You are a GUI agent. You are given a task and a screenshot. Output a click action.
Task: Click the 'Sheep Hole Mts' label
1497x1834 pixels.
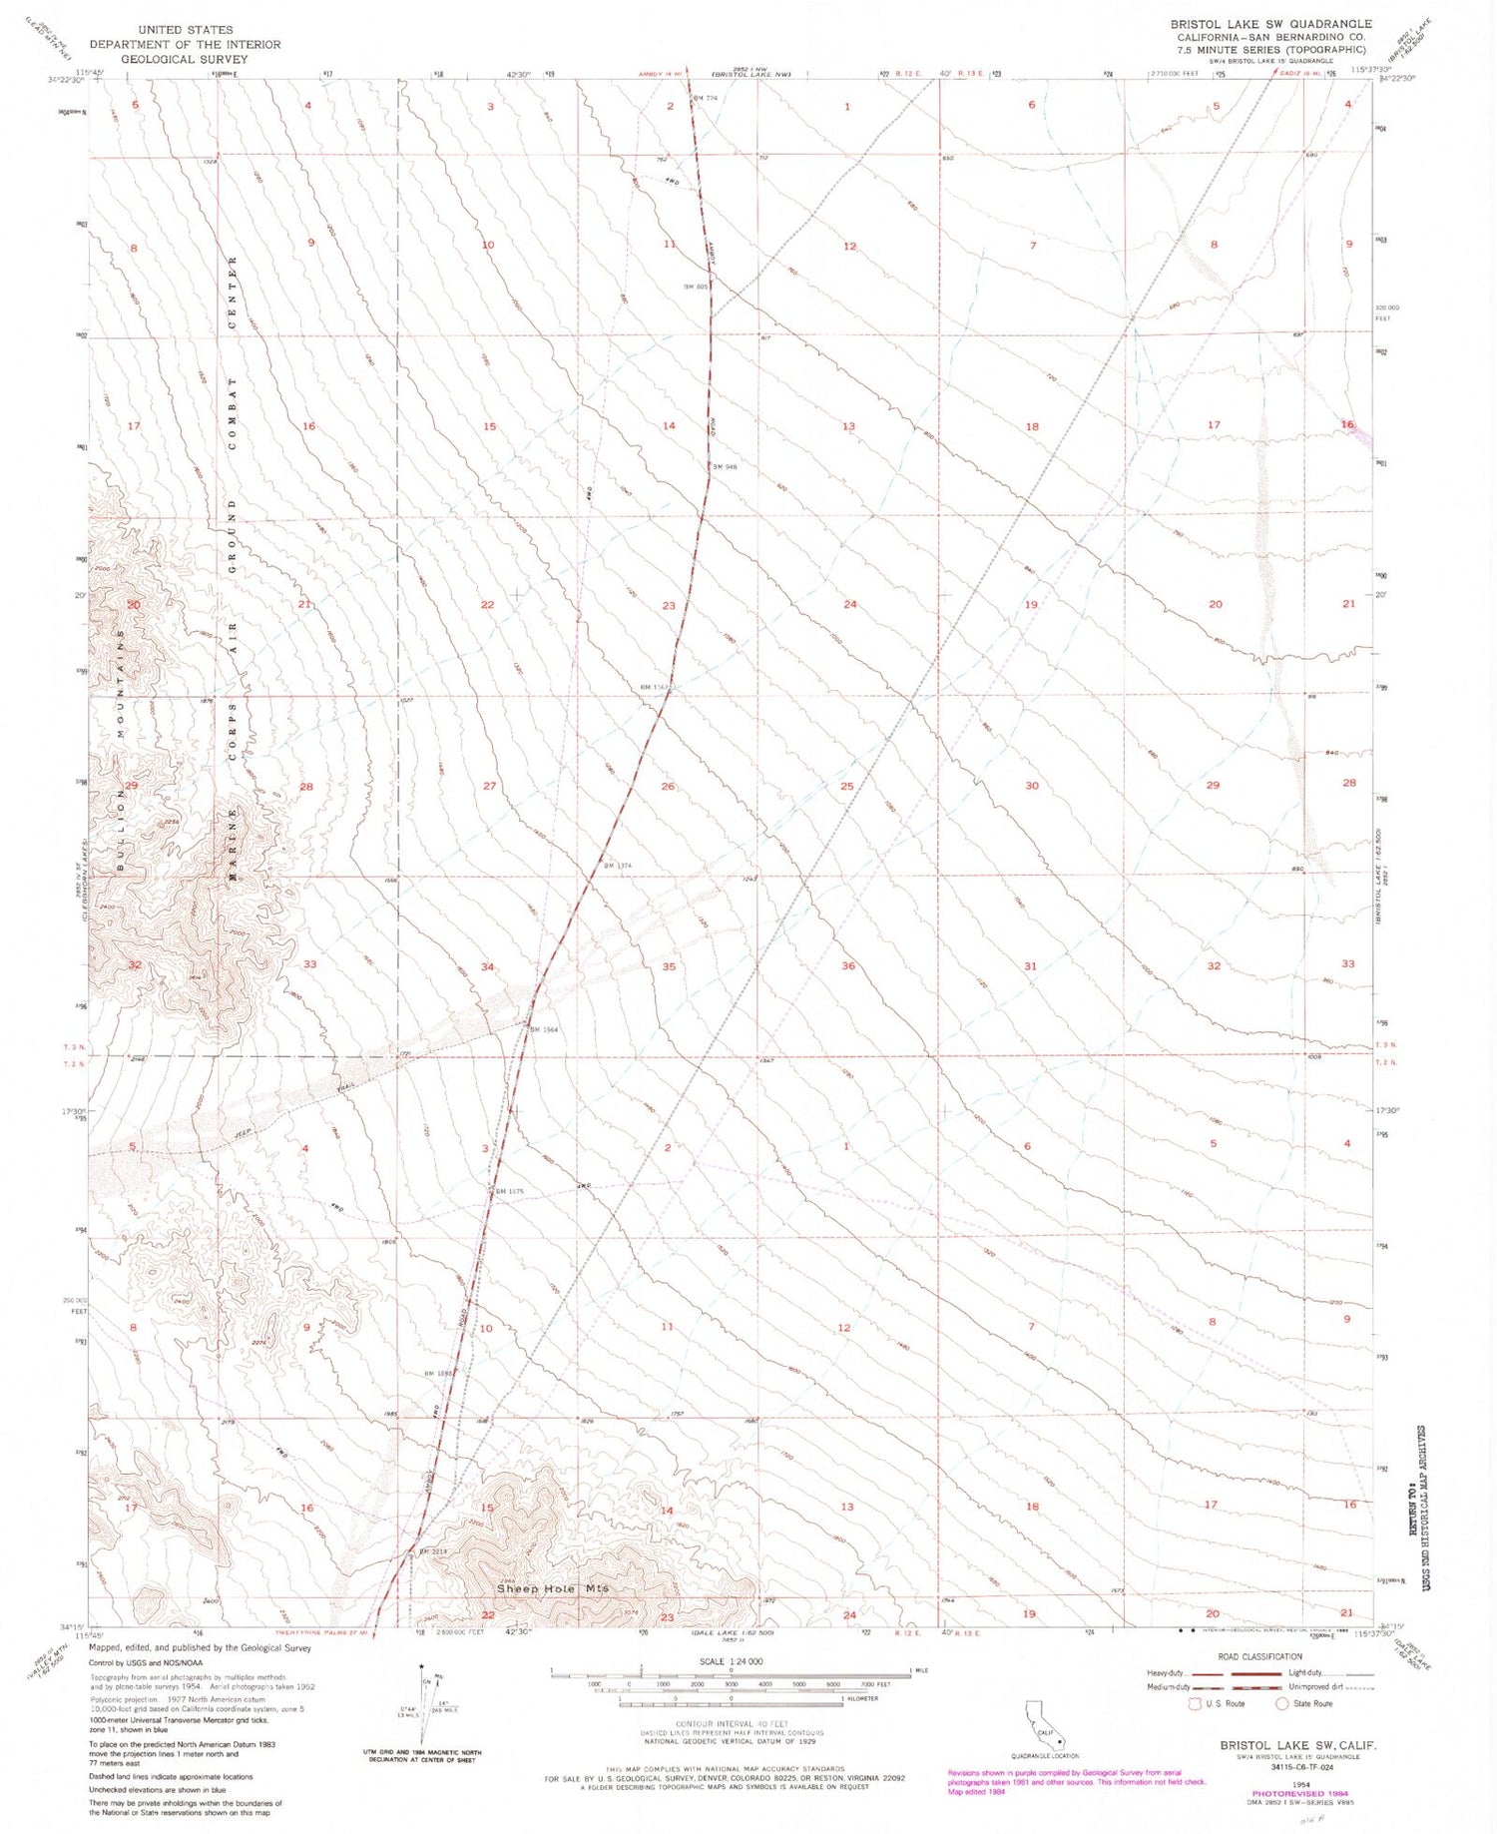pyautogui.click(x=553, y=1588)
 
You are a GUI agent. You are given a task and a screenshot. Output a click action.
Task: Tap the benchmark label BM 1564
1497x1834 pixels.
pyautogui.click(x=543, y=1029)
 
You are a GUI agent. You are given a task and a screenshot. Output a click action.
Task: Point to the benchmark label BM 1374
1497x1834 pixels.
pyautogui.click(x=616, y=866)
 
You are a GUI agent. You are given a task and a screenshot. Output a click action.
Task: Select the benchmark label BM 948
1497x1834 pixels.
pyautogui.click(x=723, y=466)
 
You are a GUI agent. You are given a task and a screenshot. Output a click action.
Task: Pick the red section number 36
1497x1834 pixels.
pyautogui.click(x=847, y=965)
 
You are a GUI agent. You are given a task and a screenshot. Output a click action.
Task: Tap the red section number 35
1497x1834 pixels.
pyautogui.click(x=669, y=966)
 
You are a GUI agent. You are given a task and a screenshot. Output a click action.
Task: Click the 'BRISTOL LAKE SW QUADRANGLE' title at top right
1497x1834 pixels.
pyautogui.click(x=1270, y=24)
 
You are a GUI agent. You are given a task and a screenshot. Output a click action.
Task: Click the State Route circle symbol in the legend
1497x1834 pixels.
pyautogui.click(x=1281, y=1703)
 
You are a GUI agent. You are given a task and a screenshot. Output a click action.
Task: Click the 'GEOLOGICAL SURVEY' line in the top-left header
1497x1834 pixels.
pyautogui.click(x=185, y=59)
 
